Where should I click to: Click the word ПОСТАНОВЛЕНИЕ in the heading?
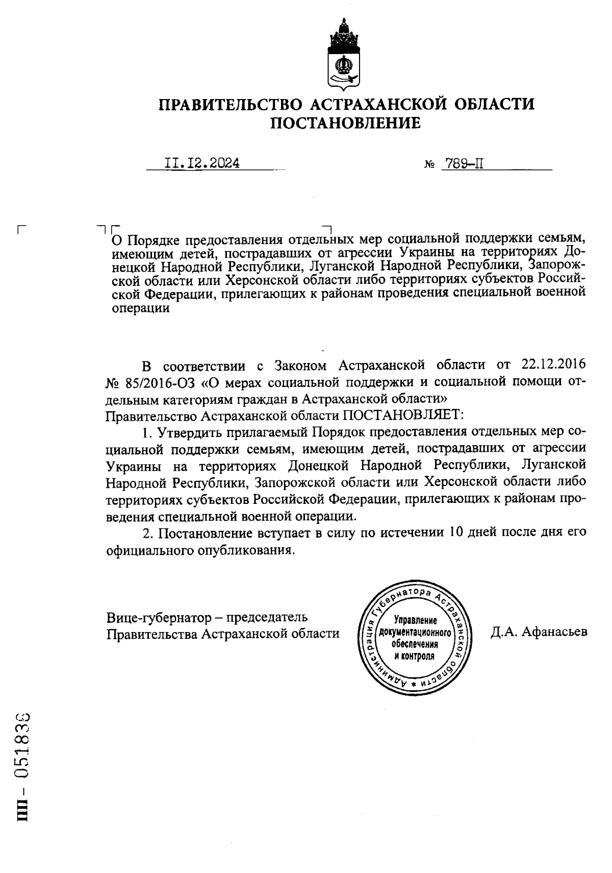pos(345,123)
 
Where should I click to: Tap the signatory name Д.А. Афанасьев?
pos(539,632)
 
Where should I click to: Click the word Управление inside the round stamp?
pos(416,621)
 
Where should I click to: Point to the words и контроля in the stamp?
pos(415,656)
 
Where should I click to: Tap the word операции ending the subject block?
pos(140,308)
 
